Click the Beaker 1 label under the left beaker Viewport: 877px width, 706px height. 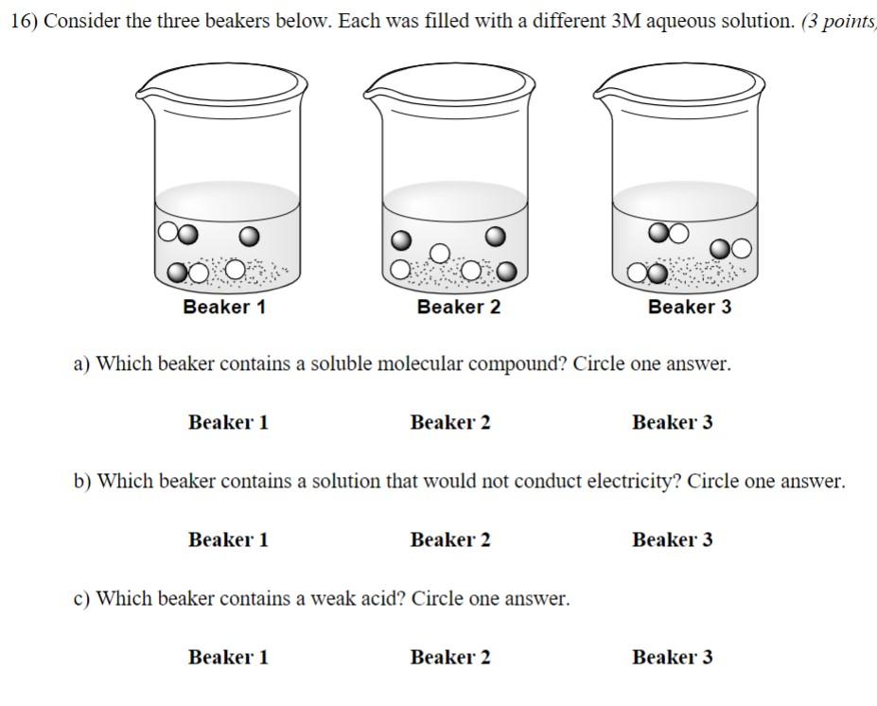224,308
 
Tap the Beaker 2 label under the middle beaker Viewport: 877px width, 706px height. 458,308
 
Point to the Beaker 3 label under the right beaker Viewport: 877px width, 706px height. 690,308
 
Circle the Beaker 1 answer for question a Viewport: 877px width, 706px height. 228,422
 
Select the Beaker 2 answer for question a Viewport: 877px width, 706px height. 450,422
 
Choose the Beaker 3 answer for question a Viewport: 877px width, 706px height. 673,422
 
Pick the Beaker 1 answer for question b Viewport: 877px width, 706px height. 228,539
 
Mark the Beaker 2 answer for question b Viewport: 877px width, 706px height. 450,539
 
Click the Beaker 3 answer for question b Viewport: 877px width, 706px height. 673,539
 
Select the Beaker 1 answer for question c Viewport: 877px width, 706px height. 228,657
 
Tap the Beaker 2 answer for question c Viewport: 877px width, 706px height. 450,657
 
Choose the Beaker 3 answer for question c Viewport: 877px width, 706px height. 673,657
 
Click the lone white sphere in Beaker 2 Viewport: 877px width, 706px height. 440,253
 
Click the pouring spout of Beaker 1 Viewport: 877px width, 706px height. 143,92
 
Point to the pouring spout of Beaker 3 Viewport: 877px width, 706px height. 601,92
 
